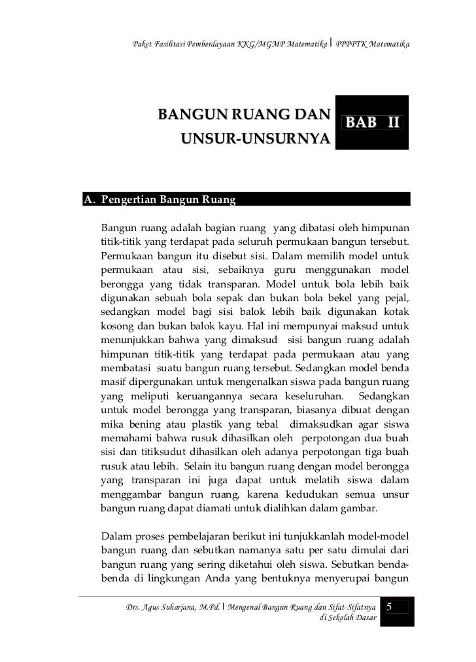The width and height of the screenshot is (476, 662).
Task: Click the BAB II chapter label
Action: [x=372, y=123]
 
